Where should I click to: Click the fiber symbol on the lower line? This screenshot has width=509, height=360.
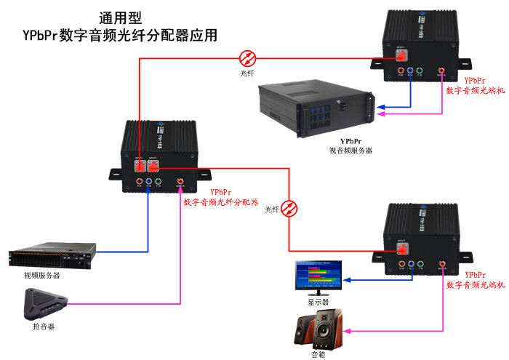(x=290, y=209)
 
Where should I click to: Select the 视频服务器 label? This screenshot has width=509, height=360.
(x=41, y=276)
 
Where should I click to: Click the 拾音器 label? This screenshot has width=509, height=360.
(x=44, y=327)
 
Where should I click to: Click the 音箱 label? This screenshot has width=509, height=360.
(x=318, y=355)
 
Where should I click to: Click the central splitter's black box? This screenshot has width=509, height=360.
(x=161, y=149)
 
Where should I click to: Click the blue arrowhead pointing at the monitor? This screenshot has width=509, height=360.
(x=348, y=279)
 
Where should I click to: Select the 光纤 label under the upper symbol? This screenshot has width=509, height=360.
(x=248, y=73)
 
